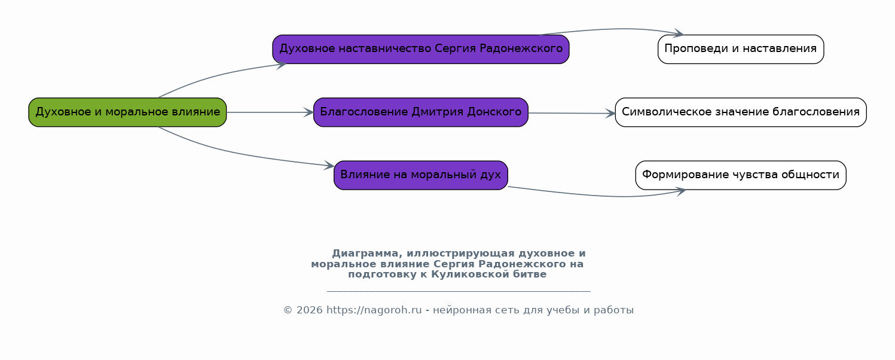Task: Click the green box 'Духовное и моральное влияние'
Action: pyautogui.click(x=127, y=112)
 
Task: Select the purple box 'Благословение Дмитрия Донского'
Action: pyautogui.click(x=421, y=112)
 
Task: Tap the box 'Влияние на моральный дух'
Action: pyautogui.click(x=421, y=175)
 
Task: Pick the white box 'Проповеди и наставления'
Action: pyautogui.click(x=741, y=49)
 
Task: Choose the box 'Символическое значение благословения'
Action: pyautogui.click(x=741, y=112)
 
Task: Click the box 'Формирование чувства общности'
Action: pyautogui.click(x=741, y=175)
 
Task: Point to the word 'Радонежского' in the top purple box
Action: pyautogui.click(x=521, y=49)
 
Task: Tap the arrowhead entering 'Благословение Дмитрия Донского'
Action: pyautogui.click(x=309, y=112)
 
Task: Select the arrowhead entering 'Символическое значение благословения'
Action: pyautogui.click(x=610, y=114)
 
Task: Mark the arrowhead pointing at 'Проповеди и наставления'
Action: pyautogui.click(x=679, y=33)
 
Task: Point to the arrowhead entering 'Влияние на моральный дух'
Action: pyautogui.click(x=329, y=166)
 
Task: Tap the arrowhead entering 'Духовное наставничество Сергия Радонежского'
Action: pyautogui.click(x=281, y=65)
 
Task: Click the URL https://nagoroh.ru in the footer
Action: pyautogui.click(x=374, y=310)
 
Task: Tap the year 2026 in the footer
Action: pyautogui.click(x=309, y=310)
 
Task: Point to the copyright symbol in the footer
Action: pyautogui.click(x=288, y=310)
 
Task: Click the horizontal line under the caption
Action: pyautogui.click(x=459, y=292)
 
